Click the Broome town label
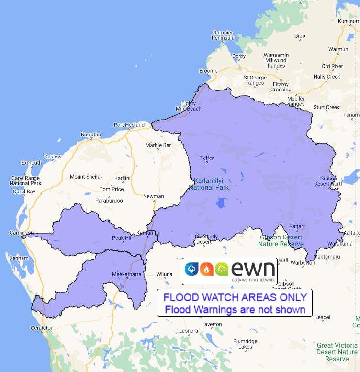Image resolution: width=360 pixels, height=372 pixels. pos(208,71)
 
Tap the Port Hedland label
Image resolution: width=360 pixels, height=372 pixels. pos(129,125)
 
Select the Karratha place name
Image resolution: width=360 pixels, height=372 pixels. pos(91,135)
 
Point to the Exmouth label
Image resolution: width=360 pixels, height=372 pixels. pos(32,163)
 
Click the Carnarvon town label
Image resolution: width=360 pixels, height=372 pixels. pos(20,233)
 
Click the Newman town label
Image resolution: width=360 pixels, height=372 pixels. pos(153,196)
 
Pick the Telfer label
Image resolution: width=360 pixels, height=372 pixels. pos(207,158)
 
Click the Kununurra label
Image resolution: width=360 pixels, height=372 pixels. pos(349,22)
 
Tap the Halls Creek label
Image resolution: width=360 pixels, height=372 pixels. pos(326,77)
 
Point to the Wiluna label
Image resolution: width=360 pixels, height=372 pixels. pos(164,274)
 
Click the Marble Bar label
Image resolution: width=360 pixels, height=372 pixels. pos(158,145)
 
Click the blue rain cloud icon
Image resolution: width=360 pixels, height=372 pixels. pos(192,269)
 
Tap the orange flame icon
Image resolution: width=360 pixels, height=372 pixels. pos(207,269)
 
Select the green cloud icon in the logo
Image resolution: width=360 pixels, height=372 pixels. pos(222,269)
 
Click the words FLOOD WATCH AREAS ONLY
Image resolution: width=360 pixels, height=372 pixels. pos(235,297)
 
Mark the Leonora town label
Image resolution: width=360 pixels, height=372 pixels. pos(188,331)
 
